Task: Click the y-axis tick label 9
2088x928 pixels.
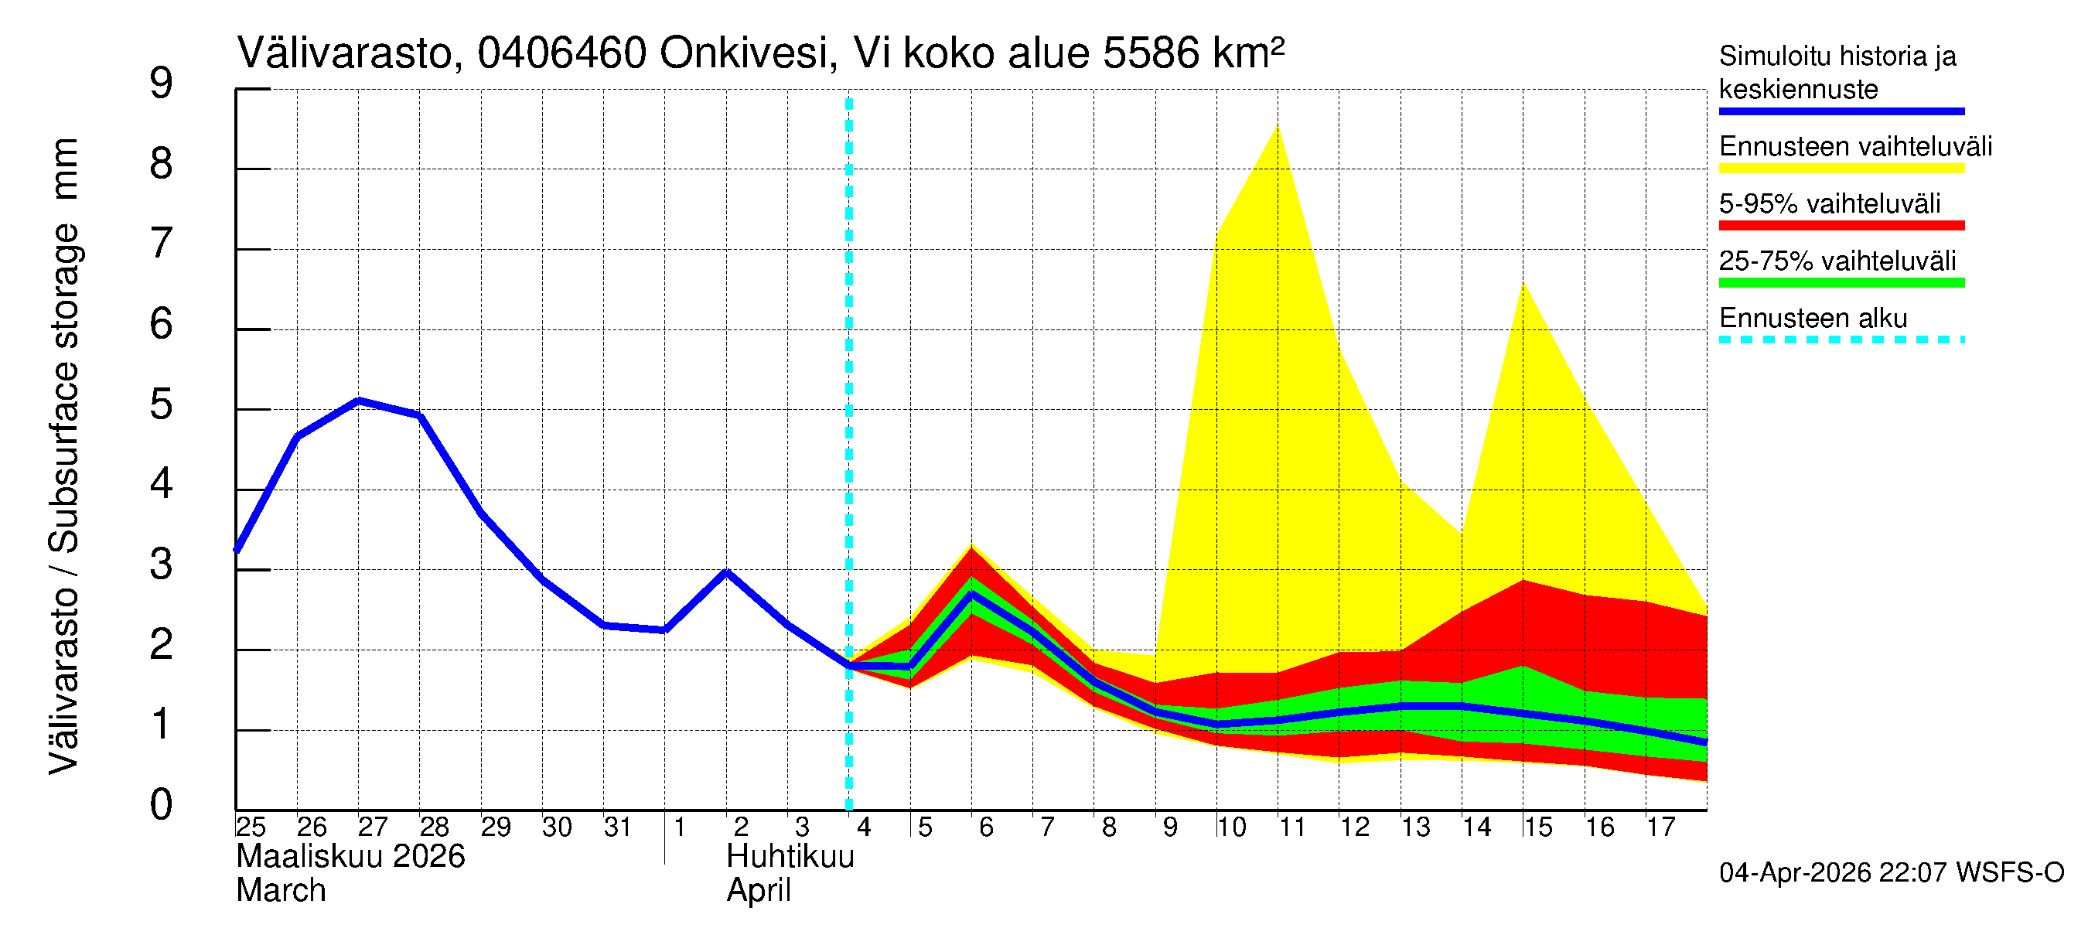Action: tap(162, 84)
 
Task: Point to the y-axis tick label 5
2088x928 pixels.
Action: tap(162, 404)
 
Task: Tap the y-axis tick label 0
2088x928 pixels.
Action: tap(162, 805)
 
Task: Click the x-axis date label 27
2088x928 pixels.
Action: tap(373, 827)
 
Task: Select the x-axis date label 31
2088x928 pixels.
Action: tap(618, 827)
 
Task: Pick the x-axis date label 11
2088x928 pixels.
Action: tap(1292, 827)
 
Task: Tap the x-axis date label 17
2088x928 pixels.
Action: tap(1660, 827)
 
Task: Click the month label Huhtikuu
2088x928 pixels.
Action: tap(790, 856)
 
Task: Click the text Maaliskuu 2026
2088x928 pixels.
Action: tap(350, 856)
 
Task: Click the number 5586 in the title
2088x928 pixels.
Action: tap(1151, 53)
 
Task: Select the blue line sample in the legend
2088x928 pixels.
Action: tap(1841, 111)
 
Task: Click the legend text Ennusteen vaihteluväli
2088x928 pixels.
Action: tap(1855, 147)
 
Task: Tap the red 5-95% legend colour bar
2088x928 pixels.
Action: tap(1841, 225)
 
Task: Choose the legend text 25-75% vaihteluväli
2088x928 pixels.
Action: tap(1837, 261)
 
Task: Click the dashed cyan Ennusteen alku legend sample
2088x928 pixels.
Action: tap(1841, 339)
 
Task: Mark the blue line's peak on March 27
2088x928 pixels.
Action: tap(359, 401)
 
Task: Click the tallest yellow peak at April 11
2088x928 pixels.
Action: tap(1278, 128)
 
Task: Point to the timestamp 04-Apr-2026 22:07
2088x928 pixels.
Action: tap(1835, 872)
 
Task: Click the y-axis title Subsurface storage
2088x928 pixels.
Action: tap(65, 389)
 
